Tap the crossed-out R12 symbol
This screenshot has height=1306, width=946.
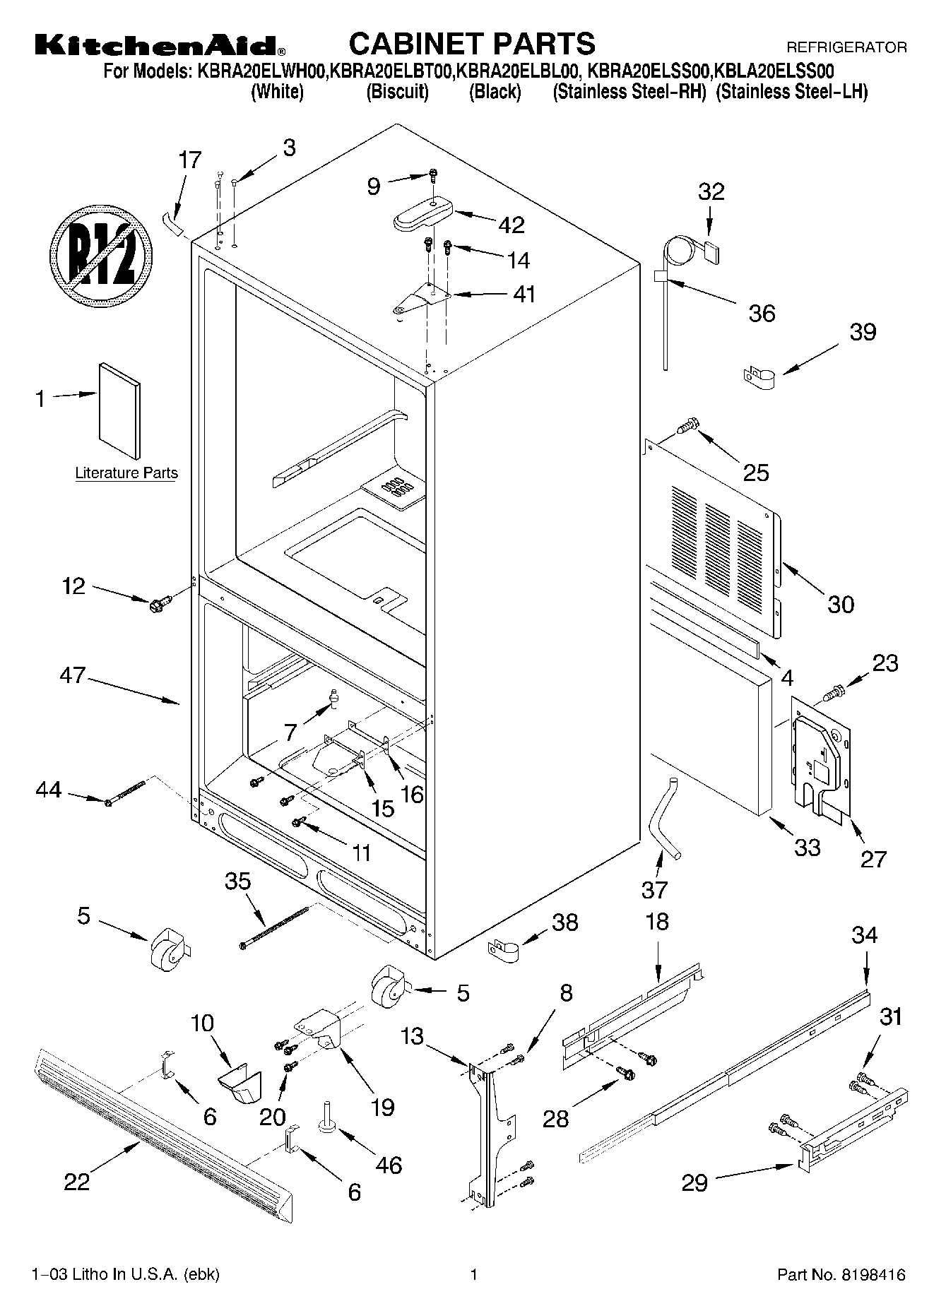tap(101, 256)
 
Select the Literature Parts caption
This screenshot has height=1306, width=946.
tap(126, 473)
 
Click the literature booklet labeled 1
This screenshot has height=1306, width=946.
tap(119, 411)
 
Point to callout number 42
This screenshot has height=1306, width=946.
tap(512, 225)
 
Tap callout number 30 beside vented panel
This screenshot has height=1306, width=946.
tap(840, 604)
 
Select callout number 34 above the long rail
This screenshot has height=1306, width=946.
tap(864, 935)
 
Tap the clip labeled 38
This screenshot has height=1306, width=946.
tap(504, 948)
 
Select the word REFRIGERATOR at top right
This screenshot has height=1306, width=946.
tap(846, 48)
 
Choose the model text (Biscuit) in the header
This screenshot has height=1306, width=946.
tap(397, 92)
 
